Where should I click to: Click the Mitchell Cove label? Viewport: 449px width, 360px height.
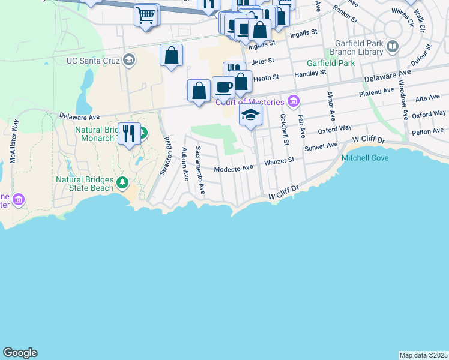click(365, 158)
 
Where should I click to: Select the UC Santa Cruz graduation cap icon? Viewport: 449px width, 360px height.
click(128, 59)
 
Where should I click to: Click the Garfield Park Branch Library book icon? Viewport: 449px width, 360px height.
click(393, 46)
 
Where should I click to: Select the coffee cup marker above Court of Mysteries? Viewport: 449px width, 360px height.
click(223, 87)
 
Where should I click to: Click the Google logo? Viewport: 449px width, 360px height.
click(20, 353)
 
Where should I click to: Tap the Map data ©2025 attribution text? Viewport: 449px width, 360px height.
click(424, 355)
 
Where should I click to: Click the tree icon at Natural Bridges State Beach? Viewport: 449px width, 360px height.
click(123, 182)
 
